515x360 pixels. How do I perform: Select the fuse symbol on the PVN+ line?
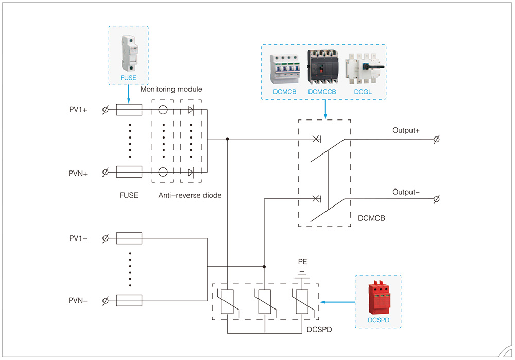click(129, 172)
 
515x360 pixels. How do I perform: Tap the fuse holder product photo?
click(129, 54)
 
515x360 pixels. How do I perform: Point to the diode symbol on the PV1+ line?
click(191, 110)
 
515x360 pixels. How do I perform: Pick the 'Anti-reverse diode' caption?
click(190, 195)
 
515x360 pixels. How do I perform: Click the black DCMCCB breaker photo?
click(322, 67)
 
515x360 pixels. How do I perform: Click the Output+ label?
click(406, 130)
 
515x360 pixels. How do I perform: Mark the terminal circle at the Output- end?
click(437, 199)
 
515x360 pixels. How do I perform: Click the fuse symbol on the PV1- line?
click(129, 238)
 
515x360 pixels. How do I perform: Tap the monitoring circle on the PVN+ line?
click(163, 172)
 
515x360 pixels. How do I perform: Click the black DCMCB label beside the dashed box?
click(371, 218)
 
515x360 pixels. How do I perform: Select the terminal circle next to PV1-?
click(106, 238)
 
